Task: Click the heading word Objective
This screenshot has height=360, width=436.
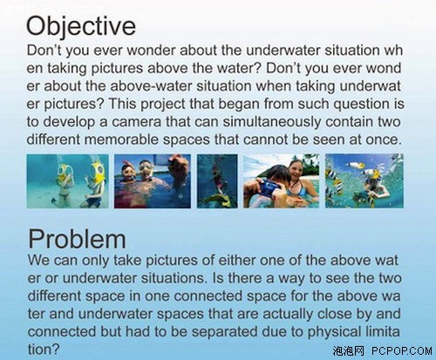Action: point(81,26)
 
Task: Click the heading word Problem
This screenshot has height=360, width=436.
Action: point(77,239)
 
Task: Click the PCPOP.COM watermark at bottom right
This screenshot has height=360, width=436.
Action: point(402,351)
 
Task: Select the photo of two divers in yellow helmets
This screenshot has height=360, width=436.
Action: point(67,181)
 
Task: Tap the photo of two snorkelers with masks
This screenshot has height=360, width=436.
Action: point(153,181)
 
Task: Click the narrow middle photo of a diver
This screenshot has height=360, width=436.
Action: point(217,181)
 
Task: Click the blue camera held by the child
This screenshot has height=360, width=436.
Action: point(269,188)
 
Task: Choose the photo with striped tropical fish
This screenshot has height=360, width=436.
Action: point(364,181)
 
